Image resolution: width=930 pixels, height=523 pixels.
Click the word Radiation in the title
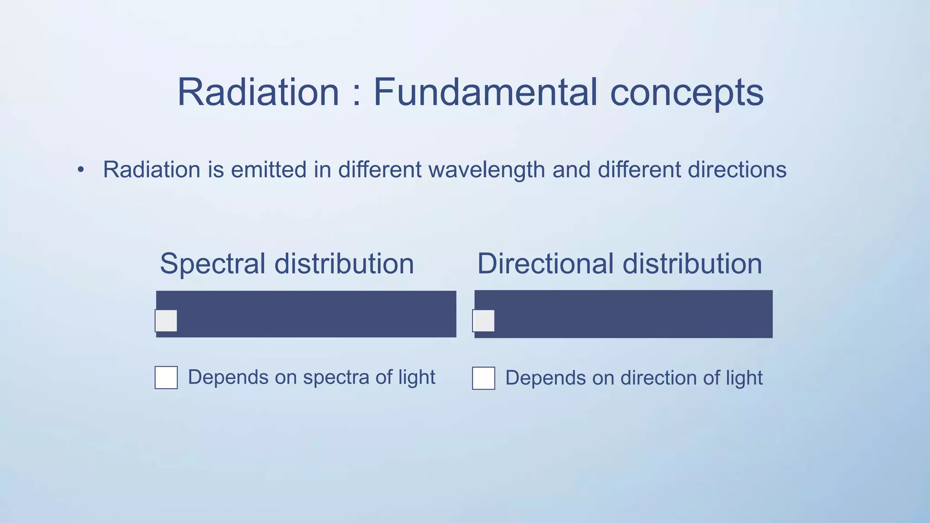[258, 92]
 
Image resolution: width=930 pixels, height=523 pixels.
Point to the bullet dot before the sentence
[81, 170]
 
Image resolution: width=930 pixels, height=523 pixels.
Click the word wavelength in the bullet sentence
[486, 170]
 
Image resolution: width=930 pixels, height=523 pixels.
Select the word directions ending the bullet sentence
[737, 170]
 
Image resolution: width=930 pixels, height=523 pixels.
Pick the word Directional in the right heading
[545, 264]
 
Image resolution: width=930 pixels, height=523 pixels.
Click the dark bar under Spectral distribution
[318, 314]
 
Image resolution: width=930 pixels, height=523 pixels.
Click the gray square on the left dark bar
[166, 321]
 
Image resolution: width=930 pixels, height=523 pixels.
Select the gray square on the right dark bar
[484, 321]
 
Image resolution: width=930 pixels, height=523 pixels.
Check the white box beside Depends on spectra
[166, 378]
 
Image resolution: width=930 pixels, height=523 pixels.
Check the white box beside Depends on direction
[484, 378]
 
